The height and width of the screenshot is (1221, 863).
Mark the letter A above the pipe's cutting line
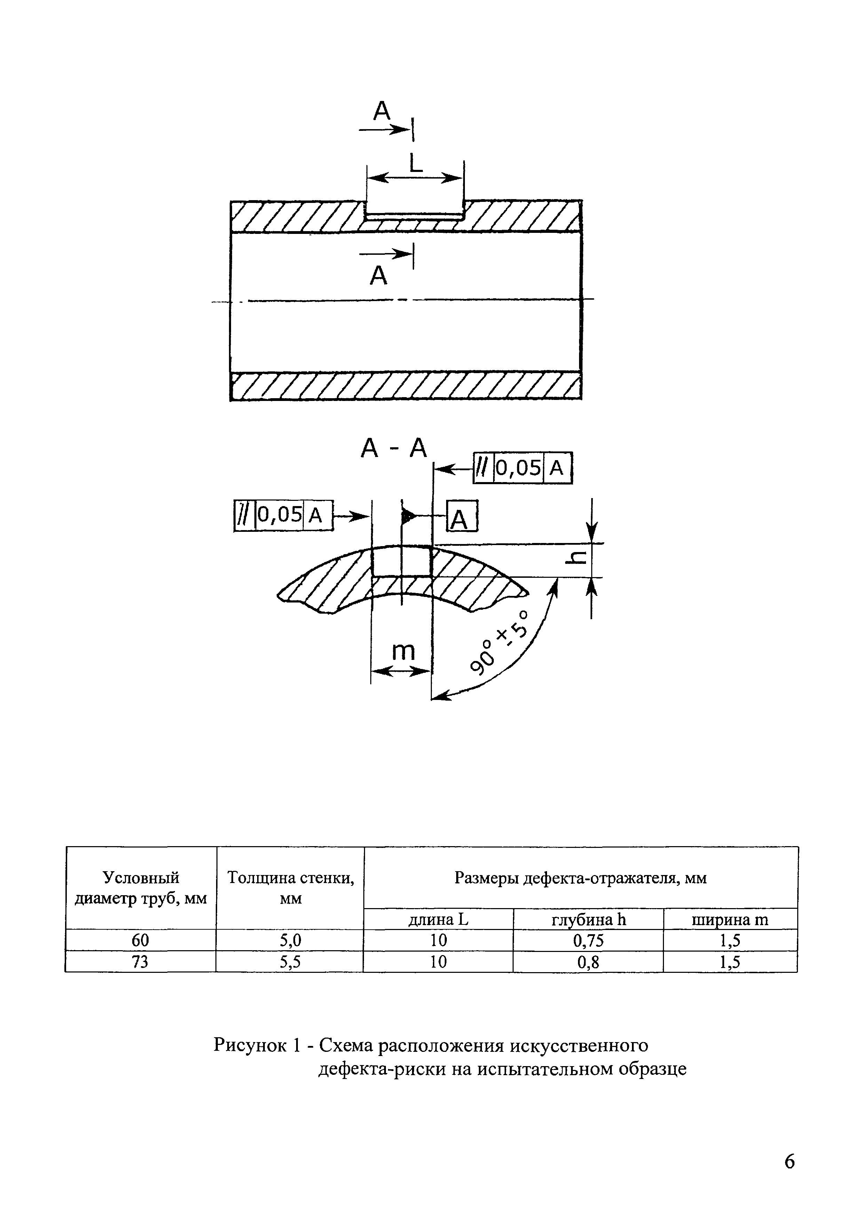click(x=382, y=111)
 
